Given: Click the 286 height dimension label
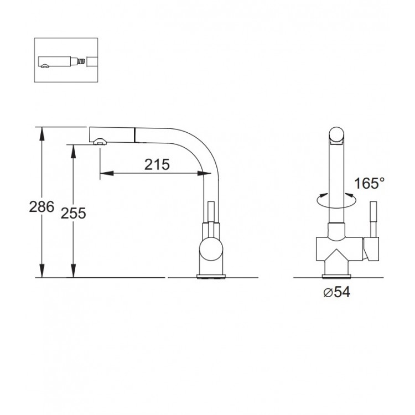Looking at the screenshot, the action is (x=41, y=207).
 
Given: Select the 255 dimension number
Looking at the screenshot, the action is (x=73, y=214).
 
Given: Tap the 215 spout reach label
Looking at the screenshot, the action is (x=157, y=164).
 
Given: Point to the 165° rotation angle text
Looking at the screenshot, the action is (x=370, y=183).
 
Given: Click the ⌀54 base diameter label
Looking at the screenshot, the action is (x=336, y=292).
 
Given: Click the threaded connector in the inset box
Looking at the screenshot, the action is (x=82, y=62).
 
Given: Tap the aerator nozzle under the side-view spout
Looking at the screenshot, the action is (x=100, y=141).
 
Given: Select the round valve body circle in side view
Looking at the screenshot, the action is (x=211, y=250).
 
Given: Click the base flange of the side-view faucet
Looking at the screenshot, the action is (x=211, y=276).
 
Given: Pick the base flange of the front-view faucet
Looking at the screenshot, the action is (x=336, y=276).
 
